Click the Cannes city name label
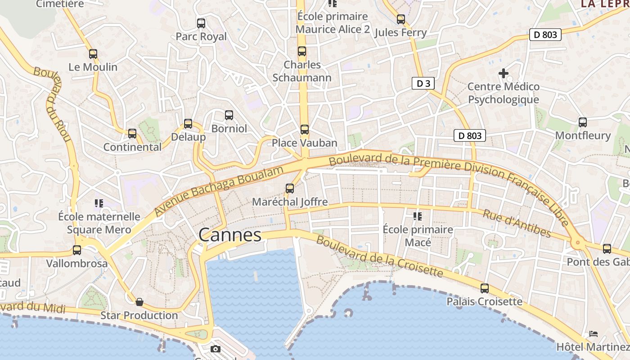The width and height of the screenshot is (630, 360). click(x=229, y=235)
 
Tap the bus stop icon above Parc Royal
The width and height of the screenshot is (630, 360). click(x=201, y=23)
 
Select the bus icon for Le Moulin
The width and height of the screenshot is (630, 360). click(x=93, y=54)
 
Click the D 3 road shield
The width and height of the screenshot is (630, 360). click(x=423, y=83)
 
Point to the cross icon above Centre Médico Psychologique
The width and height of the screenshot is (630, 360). click(x=504, y=73)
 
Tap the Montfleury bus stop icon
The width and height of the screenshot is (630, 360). click(x=583, y=122)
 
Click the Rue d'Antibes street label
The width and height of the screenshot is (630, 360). click(x=517, y=223)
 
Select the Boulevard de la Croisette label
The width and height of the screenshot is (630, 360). click(x=379, y=256)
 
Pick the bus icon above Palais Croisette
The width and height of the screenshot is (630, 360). click(x=485, y=288)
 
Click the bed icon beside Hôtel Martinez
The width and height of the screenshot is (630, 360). click(x=594, y=334)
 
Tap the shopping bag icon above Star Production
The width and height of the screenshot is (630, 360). click(x=139, y=301)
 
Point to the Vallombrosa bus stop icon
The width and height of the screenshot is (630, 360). click(x=77, y=250)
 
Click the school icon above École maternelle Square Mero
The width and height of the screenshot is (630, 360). click(x=99, y=203)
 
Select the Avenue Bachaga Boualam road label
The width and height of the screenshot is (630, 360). click(x=219, y=190)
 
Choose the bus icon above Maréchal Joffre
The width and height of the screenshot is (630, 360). click(x=290, y=188)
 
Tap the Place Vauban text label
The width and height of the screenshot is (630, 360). click(x=304, y=143)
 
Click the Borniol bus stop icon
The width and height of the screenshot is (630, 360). click(x=229, y=115)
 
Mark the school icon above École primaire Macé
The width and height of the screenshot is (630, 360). click(x=418, y=216)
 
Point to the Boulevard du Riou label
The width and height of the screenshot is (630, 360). click(x=53, y=103)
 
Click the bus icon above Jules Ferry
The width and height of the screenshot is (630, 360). click(x=401, y=19)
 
